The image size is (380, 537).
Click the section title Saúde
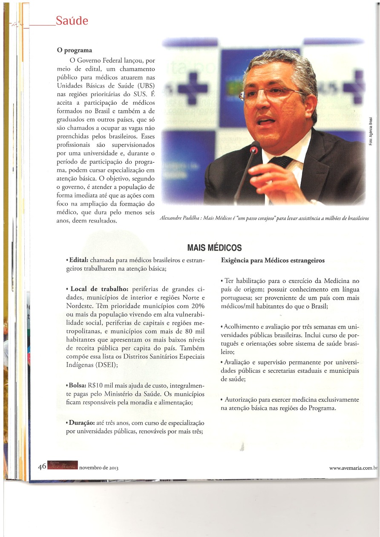[72, 20]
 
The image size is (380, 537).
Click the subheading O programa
[75, 50]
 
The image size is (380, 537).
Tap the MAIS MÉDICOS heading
[214, 247]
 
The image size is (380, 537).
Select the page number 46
[42, 466]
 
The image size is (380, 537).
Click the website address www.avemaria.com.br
[353, 468]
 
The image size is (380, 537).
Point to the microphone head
[254, 149]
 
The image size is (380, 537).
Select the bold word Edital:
[78, 260]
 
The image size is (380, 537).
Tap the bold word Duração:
[81, 423]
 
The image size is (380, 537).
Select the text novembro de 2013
[99, 468]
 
